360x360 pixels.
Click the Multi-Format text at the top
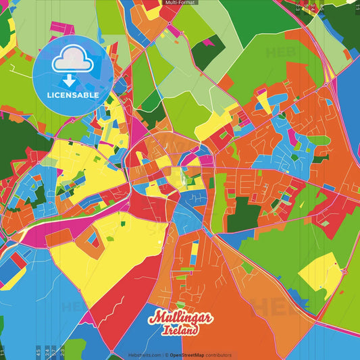click(x=180, y=3)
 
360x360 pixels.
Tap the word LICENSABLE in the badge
click(x=73, y=95)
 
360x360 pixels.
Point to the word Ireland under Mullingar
click(x=180, y=331)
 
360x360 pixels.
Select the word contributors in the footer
click(x=220, y=355)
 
